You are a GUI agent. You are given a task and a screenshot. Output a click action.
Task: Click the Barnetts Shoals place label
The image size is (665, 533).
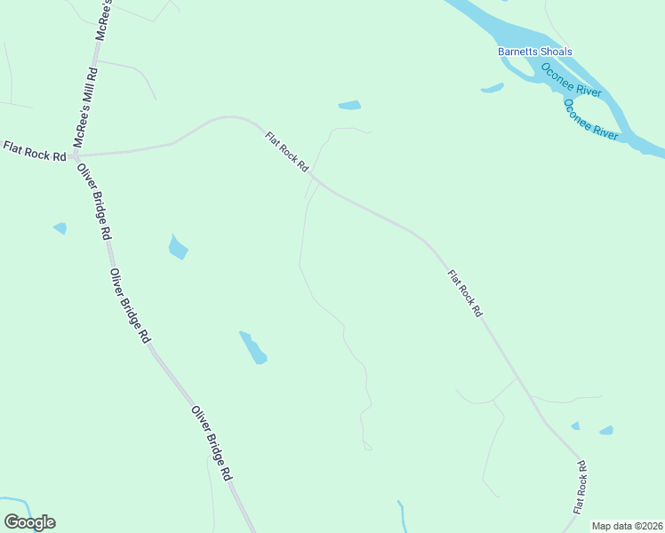point(534,52)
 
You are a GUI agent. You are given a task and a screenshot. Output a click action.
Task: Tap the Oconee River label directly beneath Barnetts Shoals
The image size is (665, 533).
point(572,80)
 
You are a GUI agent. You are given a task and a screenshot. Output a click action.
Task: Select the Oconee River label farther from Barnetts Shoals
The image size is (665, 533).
point(591,119)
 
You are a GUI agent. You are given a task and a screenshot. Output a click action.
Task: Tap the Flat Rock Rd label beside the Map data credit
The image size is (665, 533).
point(581,488)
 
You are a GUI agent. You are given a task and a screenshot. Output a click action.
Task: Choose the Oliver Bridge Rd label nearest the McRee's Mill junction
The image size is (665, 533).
point(93,202)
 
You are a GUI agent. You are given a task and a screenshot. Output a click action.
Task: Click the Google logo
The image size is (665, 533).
point(29,522)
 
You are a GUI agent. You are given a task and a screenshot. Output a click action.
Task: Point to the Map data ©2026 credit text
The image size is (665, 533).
point(627,526)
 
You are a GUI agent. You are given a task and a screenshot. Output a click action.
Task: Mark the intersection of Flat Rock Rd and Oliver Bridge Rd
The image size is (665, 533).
point(74,155)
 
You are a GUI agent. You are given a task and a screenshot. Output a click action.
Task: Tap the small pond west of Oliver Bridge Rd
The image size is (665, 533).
point(60,228)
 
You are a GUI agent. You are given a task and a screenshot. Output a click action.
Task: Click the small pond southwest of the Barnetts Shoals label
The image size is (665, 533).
point(492,88)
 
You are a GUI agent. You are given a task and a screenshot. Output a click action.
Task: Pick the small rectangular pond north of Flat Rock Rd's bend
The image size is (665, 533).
point(349,106)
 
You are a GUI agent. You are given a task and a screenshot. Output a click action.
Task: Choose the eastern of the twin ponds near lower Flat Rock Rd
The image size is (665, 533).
point(606,431)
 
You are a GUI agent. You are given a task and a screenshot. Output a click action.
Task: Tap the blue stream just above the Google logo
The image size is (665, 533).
point(20,504)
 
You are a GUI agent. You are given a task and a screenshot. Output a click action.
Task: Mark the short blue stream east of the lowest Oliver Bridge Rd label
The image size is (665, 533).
point(402,517)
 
